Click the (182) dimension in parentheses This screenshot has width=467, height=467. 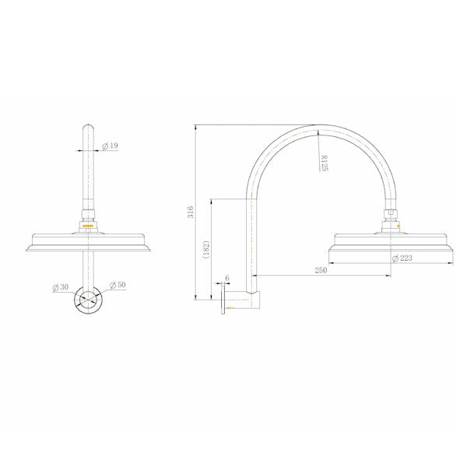206,248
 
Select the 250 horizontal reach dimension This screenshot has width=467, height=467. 320,269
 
